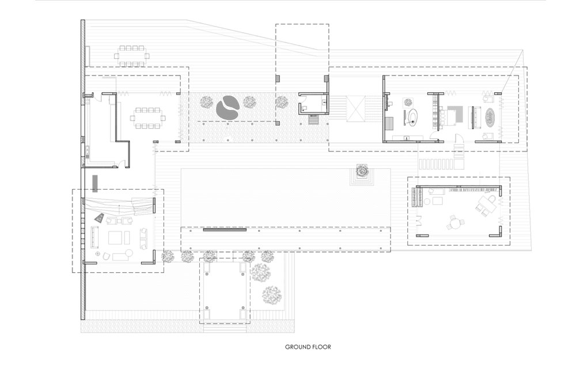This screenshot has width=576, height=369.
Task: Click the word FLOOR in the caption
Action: tap(322, 347)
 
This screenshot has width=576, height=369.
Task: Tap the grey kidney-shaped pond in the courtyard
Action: tap(228, 108)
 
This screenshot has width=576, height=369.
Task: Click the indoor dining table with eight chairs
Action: tap(147, 118)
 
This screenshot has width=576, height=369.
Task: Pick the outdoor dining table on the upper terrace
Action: tap(132, 56)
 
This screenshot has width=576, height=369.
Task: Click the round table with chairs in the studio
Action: tap(456, 223)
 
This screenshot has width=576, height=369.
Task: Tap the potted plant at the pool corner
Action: tap(362, 171)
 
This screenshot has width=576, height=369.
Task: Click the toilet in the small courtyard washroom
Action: tap(303, 108)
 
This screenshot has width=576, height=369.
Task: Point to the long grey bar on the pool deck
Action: tap(225, 230)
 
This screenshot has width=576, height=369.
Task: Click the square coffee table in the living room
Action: tap(116, 238)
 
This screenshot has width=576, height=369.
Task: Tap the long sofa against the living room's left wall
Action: tap(95, 237)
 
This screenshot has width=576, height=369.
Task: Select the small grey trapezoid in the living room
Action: tap(99, 218)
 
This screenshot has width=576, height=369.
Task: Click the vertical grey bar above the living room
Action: tap(95, 183)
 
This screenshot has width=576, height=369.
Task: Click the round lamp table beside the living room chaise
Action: tap(129, 253)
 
